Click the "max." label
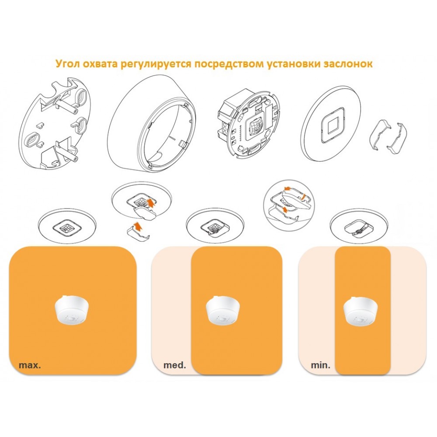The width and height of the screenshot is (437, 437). (x=30, y=365)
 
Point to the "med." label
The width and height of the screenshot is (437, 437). (x=175, y=365)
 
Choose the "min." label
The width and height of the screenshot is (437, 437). (x=320, y=365)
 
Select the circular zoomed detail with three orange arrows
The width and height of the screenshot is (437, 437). (x=289, y=205)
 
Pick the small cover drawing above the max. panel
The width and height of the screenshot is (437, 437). (x=67, y=226)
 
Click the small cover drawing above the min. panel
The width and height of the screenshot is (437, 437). (x=358, y=226)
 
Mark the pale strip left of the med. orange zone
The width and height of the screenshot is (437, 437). (x=171, y=311)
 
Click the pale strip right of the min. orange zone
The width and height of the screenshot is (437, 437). (x=408, y=311)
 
